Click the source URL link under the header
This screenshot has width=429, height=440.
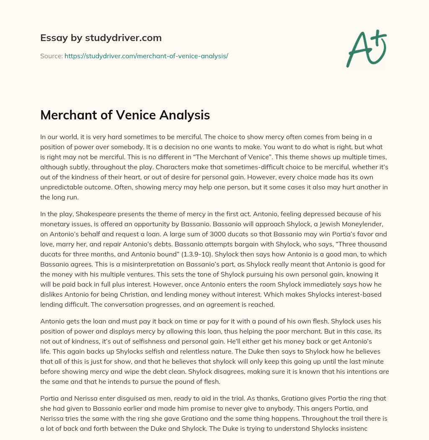pyautogui.click(x=146, y=56)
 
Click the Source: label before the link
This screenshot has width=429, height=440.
pyautogui.click(x=51, y=56)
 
